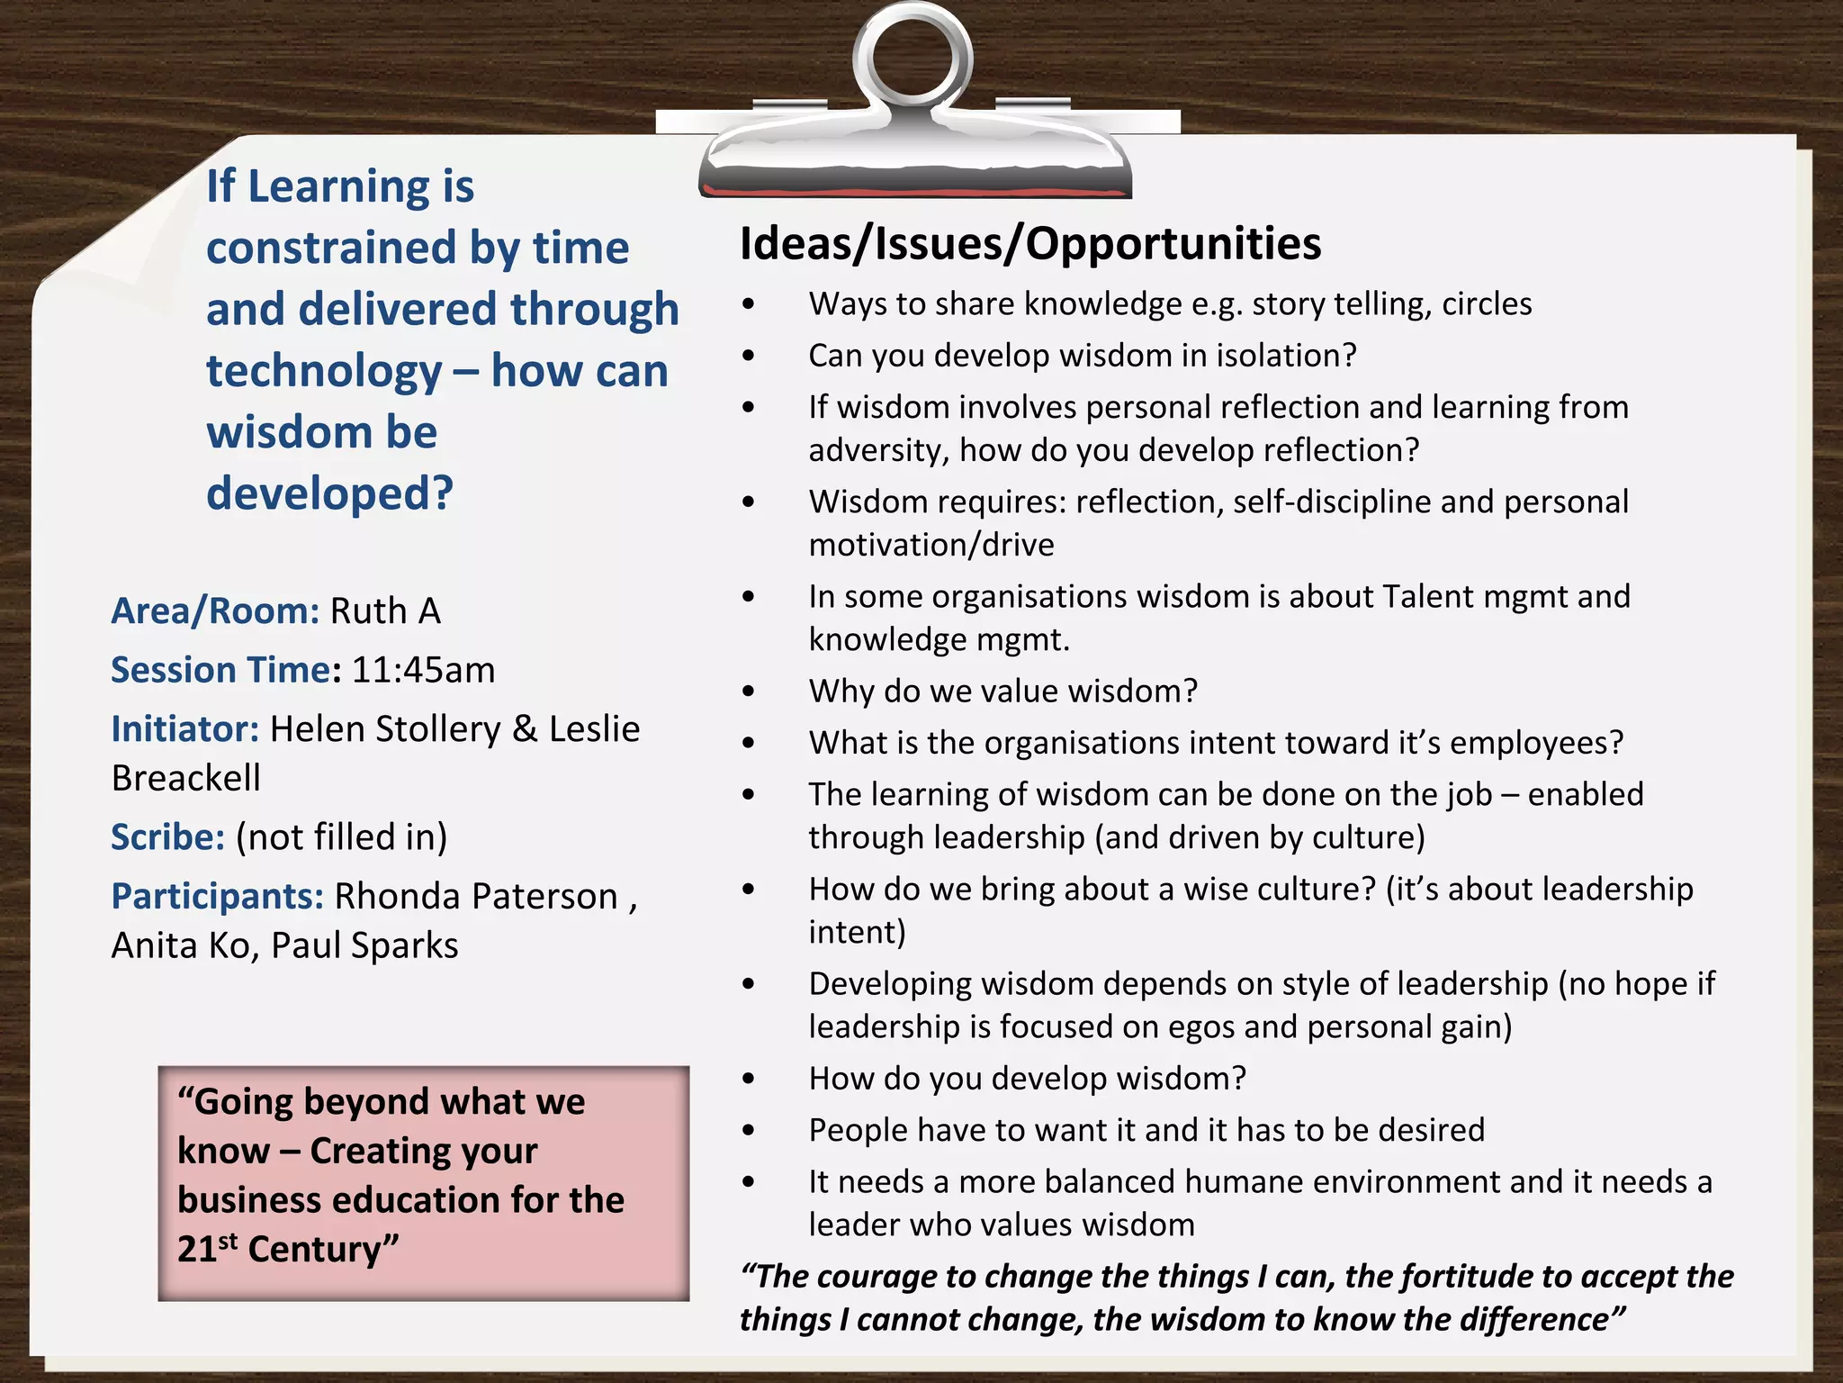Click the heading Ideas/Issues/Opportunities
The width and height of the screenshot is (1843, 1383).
pyautogui.click(x=1030, y=244)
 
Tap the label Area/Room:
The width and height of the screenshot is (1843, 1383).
pyautogui.click(x=215, y=611)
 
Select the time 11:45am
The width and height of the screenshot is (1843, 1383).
pyautogui.click(x=423, y=671)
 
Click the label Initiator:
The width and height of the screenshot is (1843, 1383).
pyautogui.click(x=184, y=729)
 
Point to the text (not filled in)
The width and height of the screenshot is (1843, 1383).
pyautogui.click(x=341, y=837)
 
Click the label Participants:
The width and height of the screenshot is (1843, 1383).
pyautogui.click(x=217, y=897)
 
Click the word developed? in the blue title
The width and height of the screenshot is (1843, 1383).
pyautogui.click(x=329, y=493)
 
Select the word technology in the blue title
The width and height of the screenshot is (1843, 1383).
pyautogui.click(x=324, y=371)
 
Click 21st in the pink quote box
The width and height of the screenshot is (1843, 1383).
pyautogui.click(x=207, y=1249)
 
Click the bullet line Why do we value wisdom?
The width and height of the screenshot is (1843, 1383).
pyautogui.click(x=1002, y=691)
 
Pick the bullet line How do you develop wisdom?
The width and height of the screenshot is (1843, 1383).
pyautogui.click(x=1027, y=1079)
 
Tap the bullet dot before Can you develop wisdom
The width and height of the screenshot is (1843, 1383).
pyautogui.click(x=749, y=357)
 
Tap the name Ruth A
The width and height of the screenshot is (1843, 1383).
pyautogui.click(x=385, y=611)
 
